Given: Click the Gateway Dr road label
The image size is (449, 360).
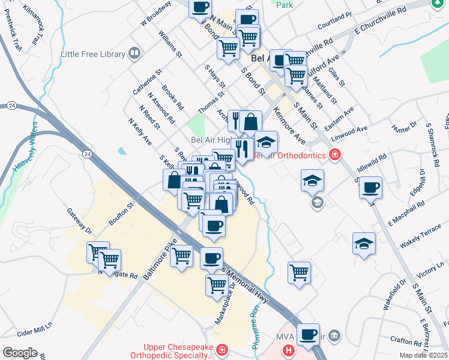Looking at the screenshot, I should (x=79, y=221).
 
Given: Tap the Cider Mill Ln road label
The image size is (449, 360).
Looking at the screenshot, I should (x=35, y=332).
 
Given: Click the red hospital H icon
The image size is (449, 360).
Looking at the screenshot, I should (x=289, y=350).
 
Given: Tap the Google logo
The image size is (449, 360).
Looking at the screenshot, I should (x=20, y=353).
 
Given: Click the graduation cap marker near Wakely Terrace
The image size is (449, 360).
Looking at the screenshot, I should (x=364, y=244).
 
